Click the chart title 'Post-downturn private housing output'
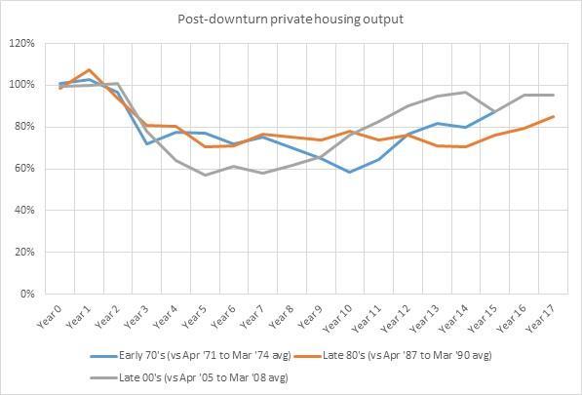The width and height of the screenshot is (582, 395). tap(290, 19)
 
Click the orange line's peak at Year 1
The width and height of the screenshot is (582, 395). tap(90, 69)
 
